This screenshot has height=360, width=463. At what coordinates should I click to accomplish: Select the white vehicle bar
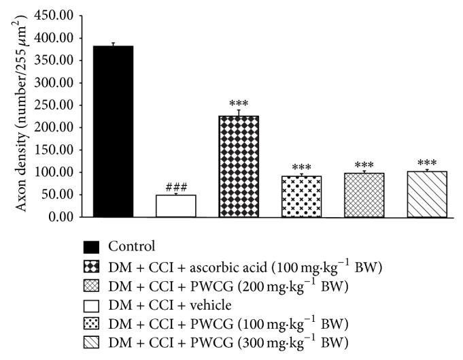[176, 206]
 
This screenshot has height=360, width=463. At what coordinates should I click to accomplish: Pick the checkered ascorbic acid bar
[239, 167]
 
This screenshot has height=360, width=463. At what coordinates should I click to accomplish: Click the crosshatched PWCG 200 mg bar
[364, 195]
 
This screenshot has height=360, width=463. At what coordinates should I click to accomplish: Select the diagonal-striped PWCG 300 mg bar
[426, 195]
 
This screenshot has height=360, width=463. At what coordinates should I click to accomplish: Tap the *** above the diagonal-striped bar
[426, 163]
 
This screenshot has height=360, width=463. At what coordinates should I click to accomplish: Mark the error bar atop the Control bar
[113, 44]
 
